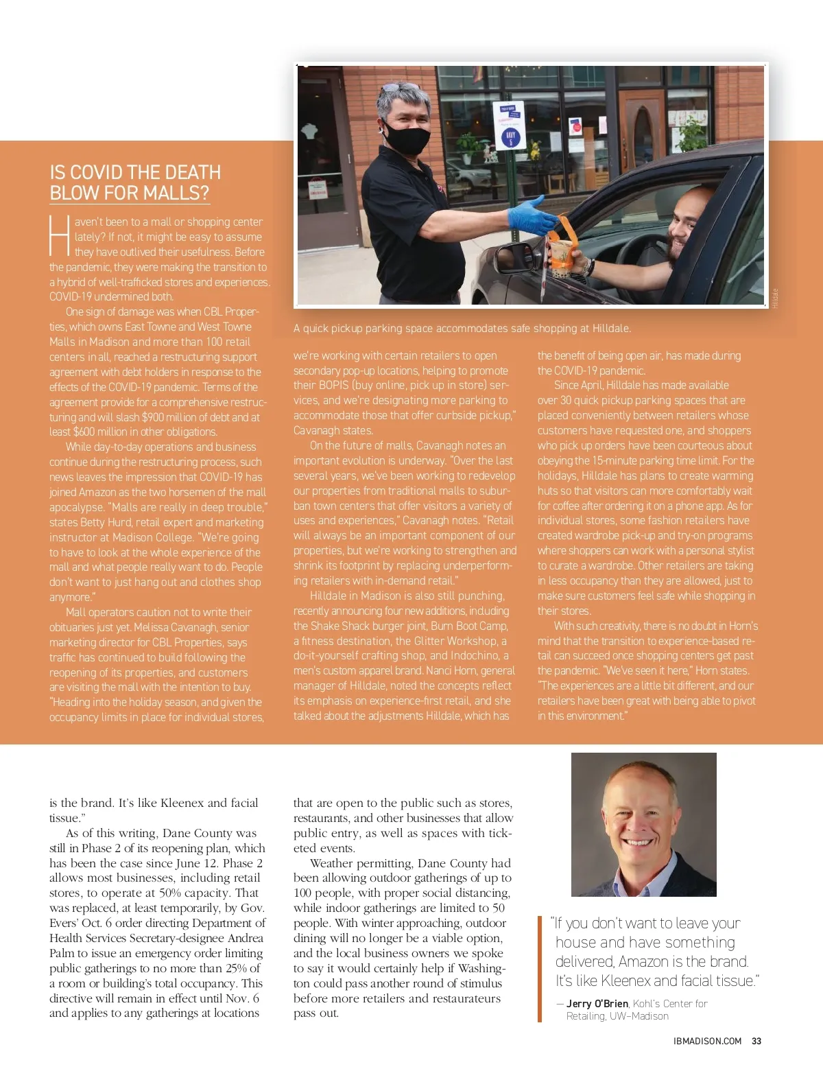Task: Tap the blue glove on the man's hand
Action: pos(531,214)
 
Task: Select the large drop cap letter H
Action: pos(60,236)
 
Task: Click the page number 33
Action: pos(756,1041)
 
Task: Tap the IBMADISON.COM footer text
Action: pos(707,1041)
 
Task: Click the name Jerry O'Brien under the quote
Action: pos(597,1003)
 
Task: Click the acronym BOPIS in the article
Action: pos(333,385)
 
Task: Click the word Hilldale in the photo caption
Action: pos(610,328)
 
